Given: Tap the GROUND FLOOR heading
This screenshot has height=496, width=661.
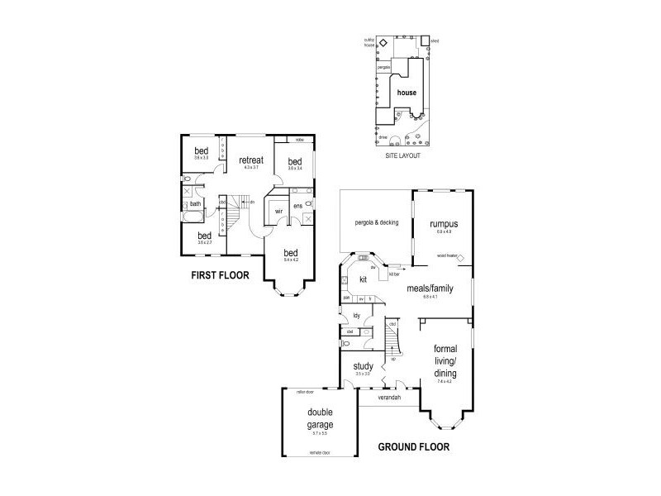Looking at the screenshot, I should click(x=414, y=447).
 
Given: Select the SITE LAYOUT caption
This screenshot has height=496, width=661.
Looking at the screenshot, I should click(x=403, y=155).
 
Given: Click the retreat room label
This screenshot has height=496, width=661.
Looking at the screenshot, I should click(x=251, y=160).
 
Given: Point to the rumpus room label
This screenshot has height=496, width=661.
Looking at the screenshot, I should click(x=444, y=224).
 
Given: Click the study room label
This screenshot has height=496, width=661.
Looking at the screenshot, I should click(x=364, y=366).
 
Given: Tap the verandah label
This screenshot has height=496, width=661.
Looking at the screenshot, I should click(x=389, y=398).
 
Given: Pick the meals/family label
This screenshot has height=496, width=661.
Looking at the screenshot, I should click(x=429, y=289).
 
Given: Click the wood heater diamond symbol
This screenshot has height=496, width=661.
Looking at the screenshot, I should click(x=462, y=257).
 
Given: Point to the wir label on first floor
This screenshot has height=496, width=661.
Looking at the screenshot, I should click(x=279, y=211).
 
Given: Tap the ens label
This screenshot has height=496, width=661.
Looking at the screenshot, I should click(x=298, y=205).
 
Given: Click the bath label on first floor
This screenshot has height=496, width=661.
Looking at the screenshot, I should click(x=196, y=204).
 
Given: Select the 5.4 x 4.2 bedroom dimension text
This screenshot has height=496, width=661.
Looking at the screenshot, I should click(x=290, y=260).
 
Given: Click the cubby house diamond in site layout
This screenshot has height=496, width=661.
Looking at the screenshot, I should click(x=383, y=41).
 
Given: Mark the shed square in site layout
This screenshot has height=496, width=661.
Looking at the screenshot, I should click(x=425, y=41).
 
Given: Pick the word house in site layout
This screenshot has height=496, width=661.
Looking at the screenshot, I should click(x=407, y=93).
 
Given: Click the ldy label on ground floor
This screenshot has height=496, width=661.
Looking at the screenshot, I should click(x=357, y=315).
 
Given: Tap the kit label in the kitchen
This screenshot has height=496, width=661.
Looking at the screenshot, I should click(x=363, y=279).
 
